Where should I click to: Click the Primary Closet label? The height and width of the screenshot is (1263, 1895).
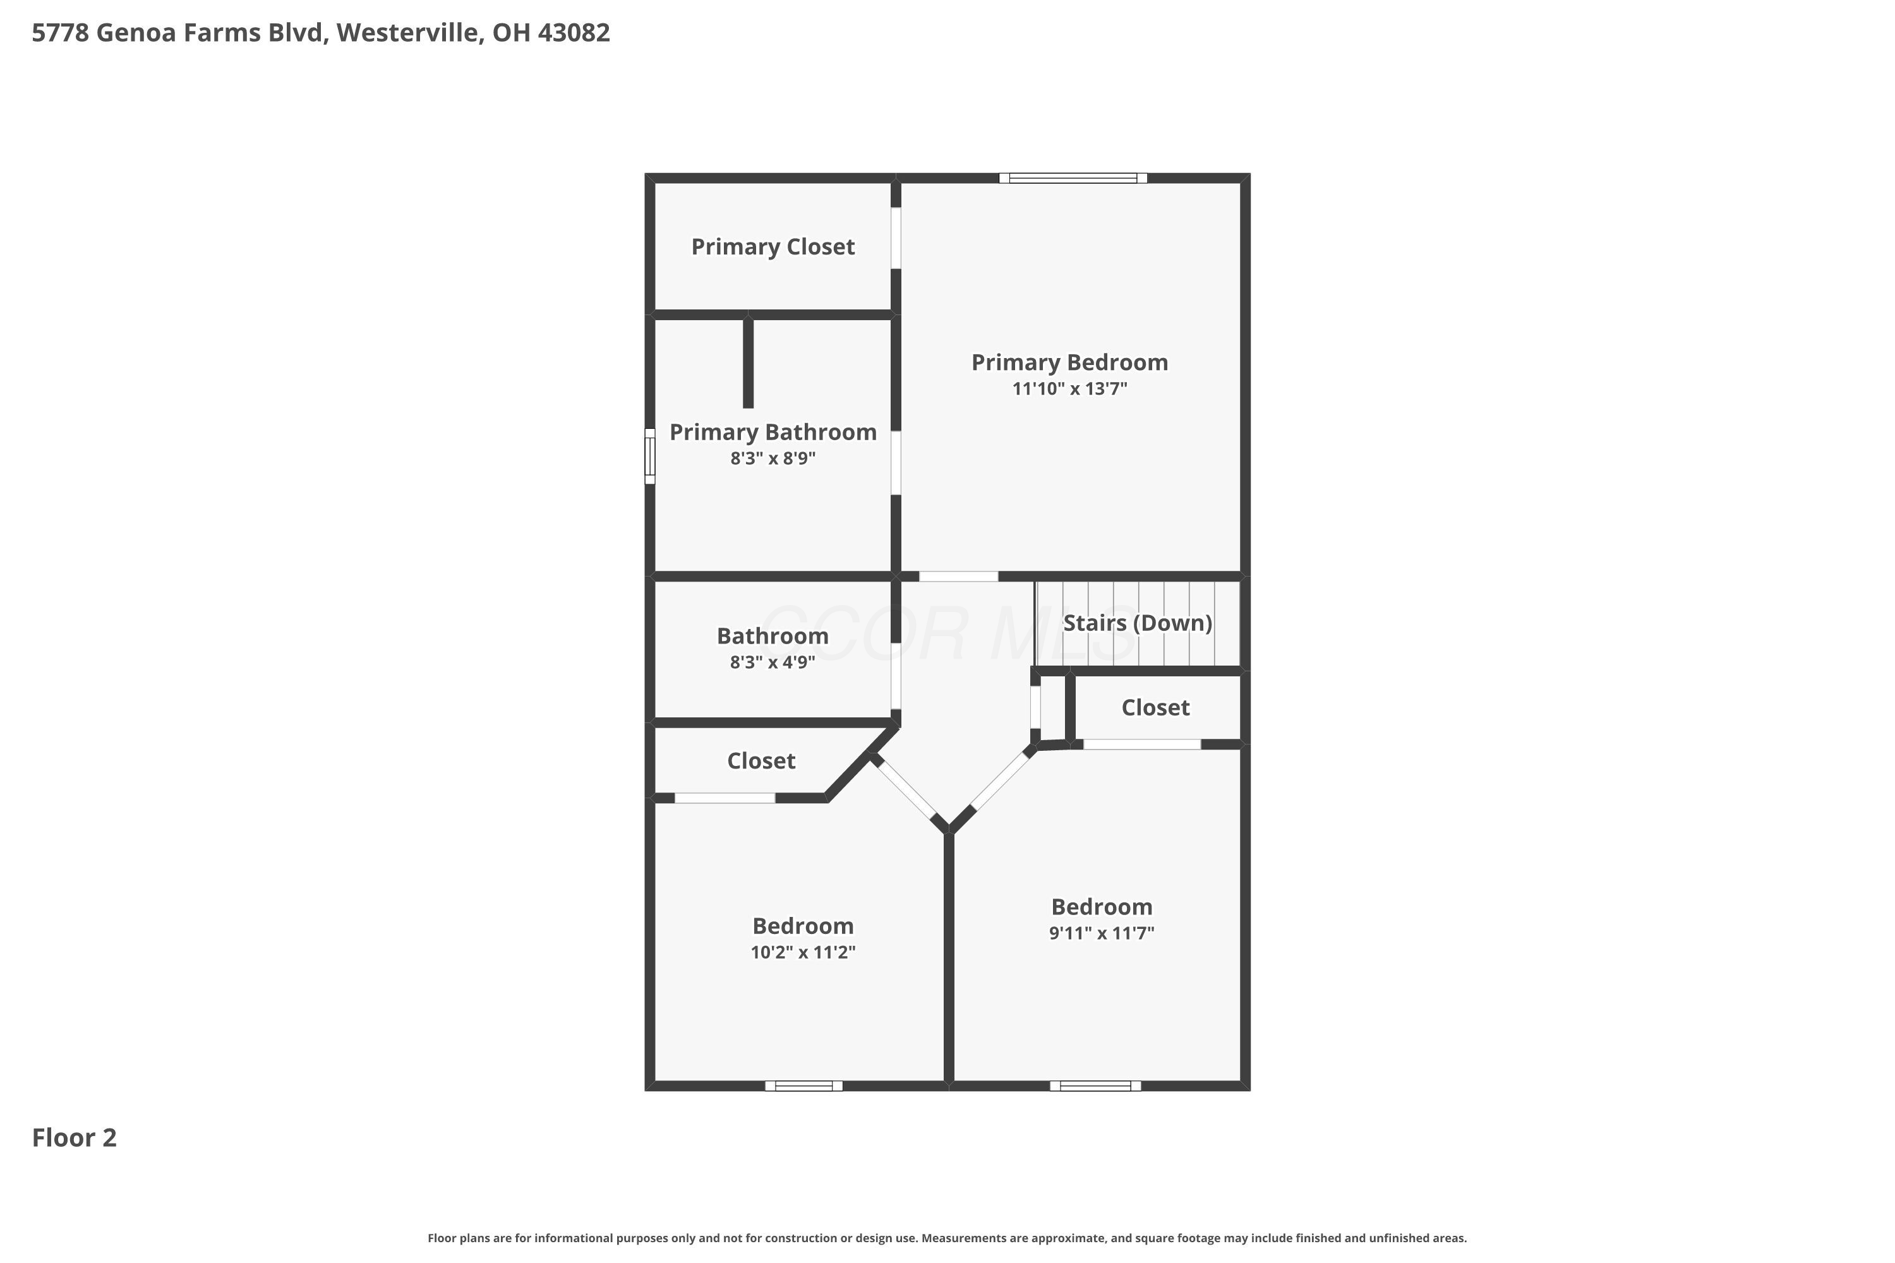(x=773, y=246)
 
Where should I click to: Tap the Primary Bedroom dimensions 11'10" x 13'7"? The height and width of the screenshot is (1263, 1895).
(x=1069, y=388)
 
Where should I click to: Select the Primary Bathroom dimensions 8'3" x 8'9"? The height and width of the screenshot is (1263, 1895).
(x=773, y=458)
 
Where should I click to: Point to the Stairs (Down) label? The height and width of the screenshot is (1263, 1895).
(x=1138, y=623)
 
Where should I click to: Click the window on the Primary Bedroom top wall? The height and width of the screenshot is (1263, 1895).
(x=1073, y=178)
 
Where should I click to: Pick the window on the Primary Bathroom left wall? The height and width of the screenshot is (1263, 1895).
(x=650, y=456)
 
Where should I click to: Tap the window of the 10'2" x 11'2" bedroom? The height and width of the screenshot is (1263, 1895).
(x=804, y=1086)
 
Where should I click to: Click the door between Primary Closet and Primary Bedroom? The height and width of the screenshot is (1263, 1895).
(x=896, y=239)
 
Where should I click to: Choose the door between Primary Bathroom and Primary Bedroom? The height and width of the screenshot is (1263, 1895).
(x=896, y=463)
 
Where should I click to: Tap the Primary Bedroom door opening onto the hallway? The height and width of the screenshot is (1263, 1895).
(x=959, y=576)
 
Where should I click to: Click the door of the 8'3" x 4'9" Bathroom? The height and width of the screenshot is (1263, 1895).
(x=896, y=676)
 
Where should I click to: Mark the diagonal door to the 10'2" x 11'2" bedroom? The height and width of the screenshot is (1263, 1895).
(x=907, y=790)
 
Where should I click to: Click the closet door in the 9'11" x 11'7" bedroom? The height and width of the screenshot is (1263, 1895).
(x=1141, y=745)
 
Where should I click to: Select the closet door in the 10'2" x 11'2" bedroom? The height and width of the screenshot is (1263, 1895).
(x=725, y=798)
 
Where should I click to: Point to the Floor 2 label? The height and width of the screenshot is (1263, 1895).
(x=74, y=1137)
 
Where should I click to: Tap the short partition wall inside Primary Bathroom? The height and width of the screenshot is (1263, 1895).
(x=748, y=362)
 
